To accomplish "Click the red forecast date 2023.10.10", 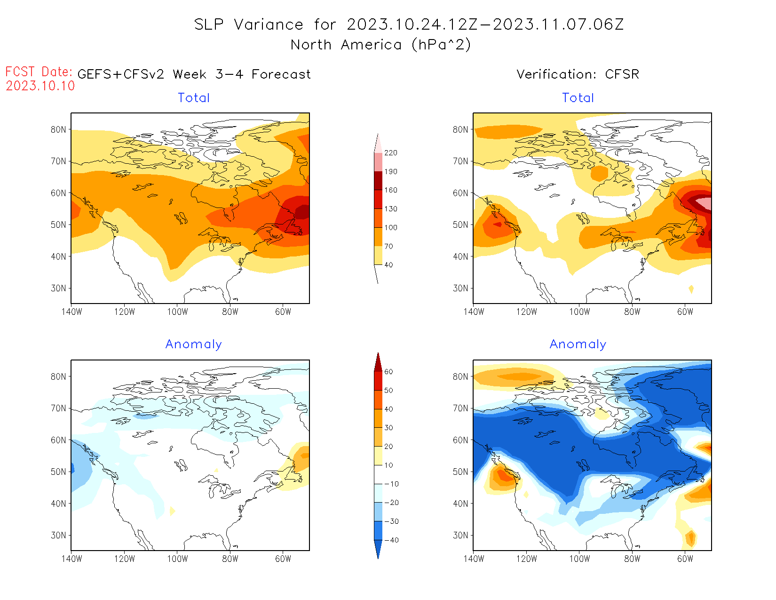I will point(40,86).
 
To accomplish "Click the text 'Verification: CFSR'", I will point(578,74).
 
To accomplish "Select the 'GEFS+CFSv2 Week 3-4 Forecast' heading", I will point(194,74).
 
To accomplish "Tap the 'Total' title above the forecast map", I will point(194,98).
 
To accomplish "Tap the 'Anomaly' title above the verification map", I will point(578,344).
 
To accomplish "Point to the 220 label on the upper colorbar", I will point(390,153).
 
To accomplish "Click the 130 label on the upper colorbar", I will point(390,209).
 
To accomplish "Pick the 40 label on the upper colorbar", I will point(388,265).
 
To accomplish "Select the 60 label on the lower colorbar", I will point(388,372).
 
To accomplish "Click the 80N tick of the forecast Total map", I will point(58,129).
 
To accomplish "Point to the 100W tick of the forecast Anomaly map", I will point(177,559).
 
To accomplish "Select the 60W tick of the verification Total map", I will point(685,312).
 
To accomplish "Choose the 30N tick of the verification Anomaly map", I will point(460,535).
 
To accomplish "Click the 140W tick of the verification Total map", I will point(474,312).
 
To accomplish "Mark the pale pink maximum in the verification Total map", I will point(704,203).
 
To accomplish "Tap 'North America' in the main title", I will point(346,45).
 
